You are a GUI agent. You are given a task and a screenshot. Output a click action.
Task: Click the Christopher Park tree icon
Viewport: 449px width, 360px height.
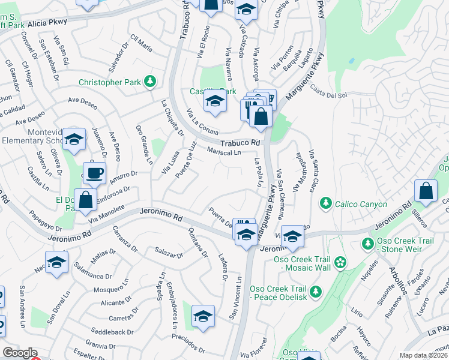tap(150, 82)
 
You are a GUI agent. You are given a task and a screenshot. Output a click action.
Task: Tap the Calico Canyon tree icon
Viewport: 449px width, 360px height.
tap(325, 204)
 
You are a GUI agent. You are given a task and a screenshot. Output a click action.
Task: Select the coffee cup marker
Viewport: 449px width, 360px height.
tap(94, 174)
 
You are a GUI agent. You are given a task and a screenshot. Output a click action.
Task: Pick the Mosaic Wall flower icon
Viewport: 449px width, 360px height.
tap(340, 262)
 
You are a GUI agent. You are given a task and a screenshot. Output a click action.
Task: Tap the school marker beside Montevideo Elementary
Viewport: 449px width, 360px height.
tap(74, 140)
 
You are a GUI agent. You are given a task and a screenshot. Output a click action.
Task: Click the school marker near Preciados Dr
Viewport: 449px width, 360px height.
tap(203, 316)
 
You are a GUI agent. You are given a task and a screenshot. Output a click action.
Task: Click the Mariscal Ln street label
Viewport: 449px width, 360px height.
tap(223, 152)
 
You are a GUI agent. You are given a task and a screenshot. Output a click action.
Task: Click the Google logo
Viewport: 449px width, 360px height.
tap(19, 353)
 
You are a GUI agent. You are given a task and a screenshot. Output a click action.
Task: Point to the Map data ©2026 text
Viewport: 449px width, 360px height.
tap(423, 355)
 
